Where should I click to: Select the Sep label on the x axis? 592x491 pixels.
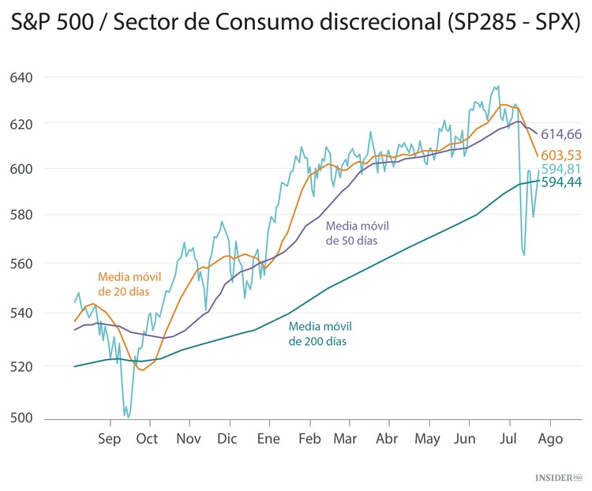(x=110, y=439)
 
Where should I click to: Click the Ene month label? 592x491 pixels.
(x=269, y=439)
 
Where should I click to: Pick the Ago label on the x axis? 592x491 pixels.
(x=550, y=439)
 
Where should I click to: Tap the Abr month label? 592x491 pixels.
(x=387, y=439)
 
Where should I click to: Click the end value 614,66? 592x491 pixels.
(x=561, y=134)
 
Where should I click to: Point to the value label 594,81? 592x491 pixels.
(x=561, y=169)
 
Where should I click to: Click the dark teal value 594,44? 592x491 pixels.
(x=561, y=183)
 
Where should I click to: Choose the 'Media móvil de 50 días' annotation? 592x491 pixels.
(x=357, y=233)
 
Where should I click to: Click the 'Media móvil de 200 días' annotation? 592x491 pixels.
(x=320, y=334)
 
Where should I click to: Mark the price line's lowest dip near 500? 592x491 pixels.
(x=126, y=415)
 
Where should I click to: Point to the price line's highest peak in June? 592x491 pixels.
(x=496, y=86)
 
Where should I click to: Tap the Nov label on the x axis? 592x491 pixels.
(x=188, y=439)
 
